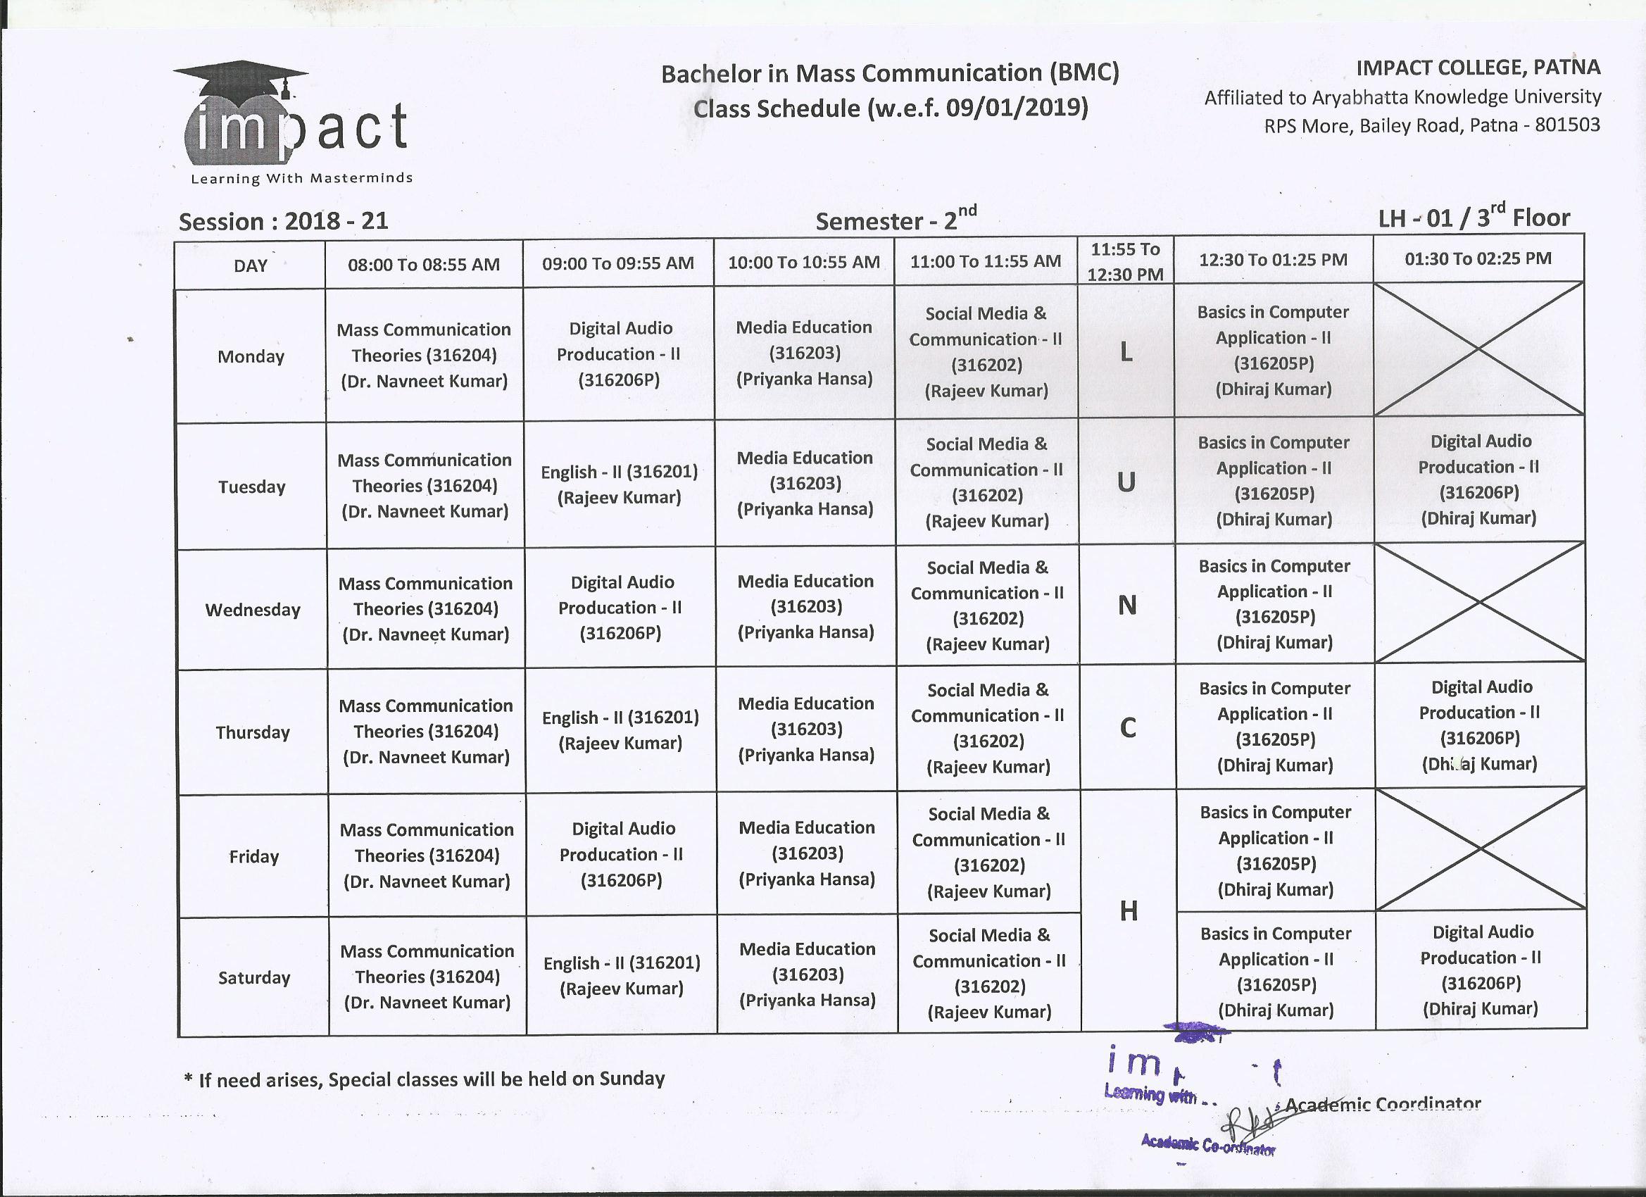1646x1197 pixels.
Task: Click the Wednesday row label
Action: click(x=253, y=610)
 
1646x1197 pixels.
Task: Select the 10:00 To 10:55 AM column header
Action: click(x=803, y=263)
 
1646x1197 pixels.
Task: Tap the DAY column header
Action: click(x=251, y=265)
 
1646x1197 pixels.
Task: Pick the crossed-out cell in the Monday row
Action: click(x=1478, y=349)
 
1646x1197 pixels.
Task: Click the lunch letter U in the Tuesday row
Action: click(x=1126, y=482)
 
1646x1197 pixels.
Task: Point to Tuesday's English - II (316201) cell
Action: click(x=619, y=484)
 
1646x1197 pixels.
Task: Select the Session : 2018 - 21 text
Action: click(x=284, y=220)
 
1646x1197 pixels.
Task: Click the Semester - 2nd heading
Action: click(x=896, y=218)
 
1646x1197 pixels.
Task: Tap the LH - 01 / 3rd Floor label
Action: click(x=1474, y=216)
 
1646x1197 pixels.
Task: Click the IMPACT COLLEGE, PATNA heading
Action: click(x=1478, y=68)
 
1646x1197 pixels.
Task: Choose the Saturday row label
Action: click(x=254, y=978)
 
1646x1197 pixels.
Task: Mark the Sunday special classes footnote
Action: click(x=425, y=1079)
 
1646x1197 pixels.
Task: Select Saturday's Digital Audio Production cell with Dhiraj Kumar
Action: click(x=1481, y=970)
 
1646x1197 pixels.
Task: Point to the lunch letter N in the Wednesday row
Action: click(x=1126, y=606)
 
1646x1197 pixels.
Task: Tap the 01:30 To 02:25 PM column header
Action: click(x=1478, y=258)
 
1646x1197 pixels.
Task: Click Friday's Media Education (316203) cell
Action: click(x=807, y=853)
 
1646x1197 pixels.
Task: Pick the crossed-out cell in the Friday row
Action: click(x=1481, y=849)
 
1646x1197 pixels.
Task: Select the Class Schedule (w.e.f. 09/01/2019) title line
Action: click(x=891, y=108)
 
